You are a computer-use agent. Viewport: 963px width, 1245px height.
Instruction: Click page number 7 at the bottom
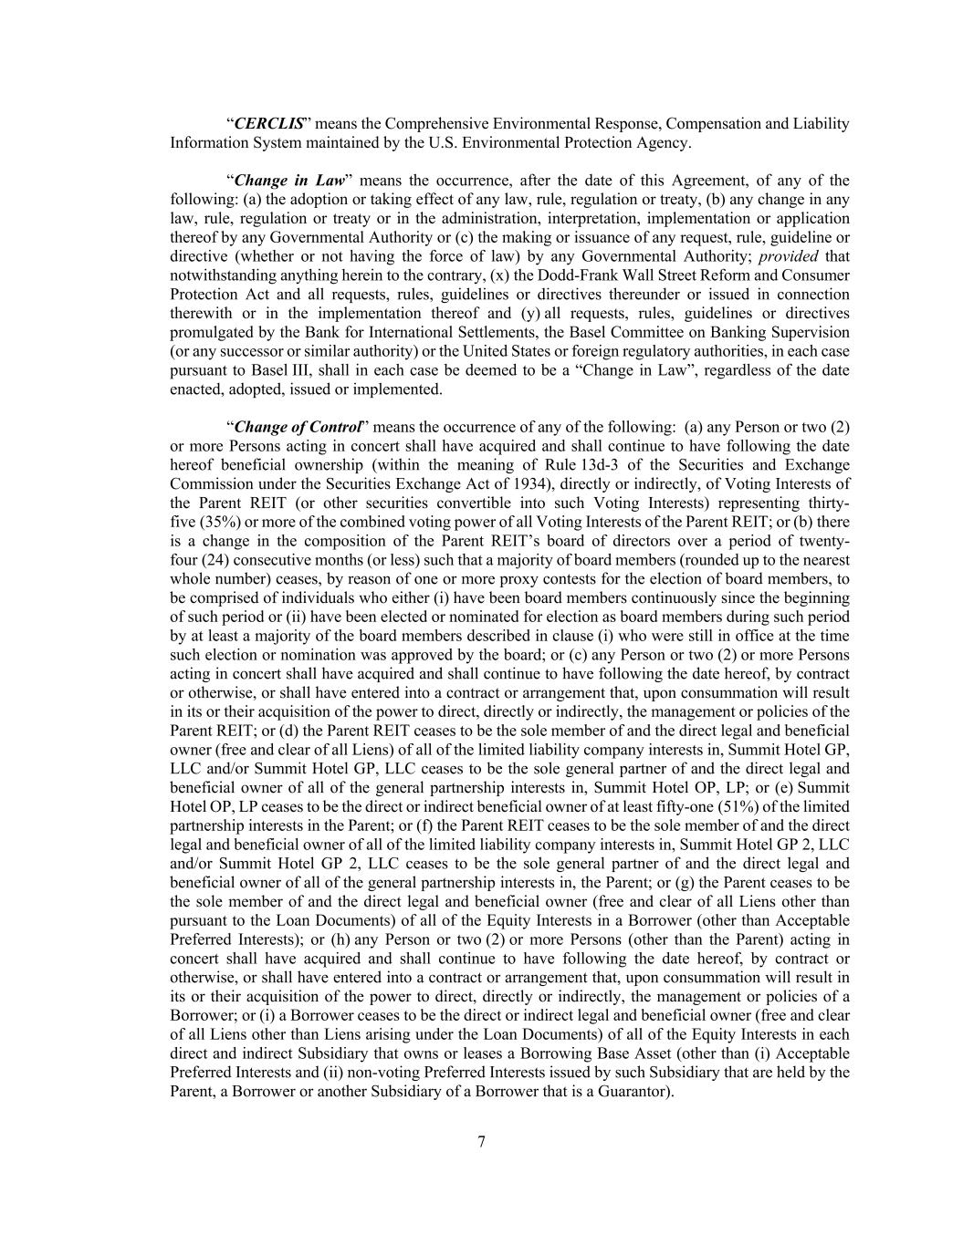tap(481, 1142)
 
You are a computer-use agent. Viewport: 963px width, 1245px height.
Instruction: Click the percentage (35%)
tap(219, 523)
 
